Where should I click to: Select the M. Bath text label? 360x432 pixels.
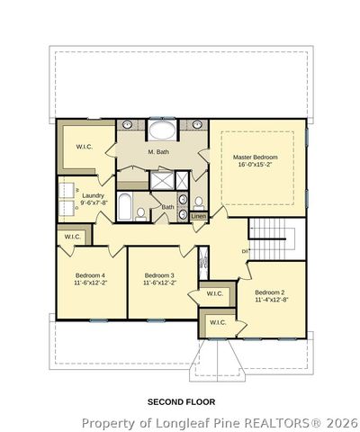tap(157, 152)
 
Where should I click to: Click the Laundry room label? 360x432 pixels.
tap(93, 194)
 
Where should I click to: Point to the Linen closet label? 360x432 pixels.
tap(198, 216)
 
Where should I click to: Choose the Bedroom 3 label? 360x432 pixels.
tap(159, 274)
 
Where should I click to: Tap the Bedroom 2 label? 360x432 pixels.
tap(269, 292)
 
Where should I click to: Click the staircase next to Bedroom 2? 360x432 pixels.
tap(271, 238)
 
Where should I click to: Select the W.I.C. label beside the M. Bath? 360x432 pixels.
tap(85, 147)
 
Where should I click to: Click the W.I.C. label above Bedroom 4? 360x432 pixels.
tap(73, 237)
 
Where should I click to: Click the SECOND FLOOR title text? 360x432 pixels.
tap(181, 401)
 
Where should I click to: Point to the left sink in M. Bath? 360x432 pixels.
tap(128, 124)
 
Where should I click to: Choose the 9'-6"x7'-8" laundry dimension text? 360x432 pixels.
tap(93, 202)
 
